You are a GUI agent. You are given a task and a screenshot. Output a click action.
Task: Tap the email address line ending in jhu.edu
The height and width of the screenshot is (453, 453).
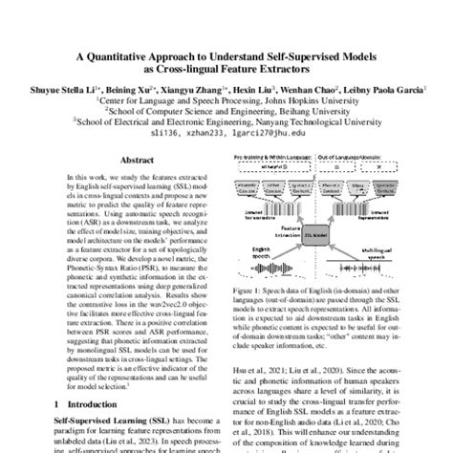tap(226, 136)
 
